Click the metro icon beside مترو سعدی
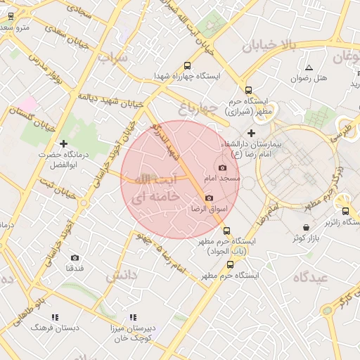coord(11,16)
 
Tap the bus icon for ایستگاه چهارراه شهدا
coord(186,65)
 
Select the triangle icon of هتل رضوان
coord(309,67)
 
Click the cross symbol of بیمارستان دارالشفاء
coord(251,133)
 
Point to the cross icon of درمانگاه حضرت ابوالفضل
coord(64,143)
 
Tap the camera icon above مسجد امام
coord(223,167)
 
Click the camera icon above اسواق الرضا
coord(209,198)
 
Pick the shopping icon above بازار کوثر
coord(306,227)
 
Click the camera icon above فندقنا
coord(75,258)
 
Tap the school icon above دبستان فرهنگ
coord(55,317)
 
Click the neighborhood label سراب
coord(114,58)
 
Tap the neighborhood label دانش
coord(121,276)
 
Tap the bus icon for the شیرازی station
coord(248,90)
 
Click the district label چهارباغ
coord(195,108)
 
